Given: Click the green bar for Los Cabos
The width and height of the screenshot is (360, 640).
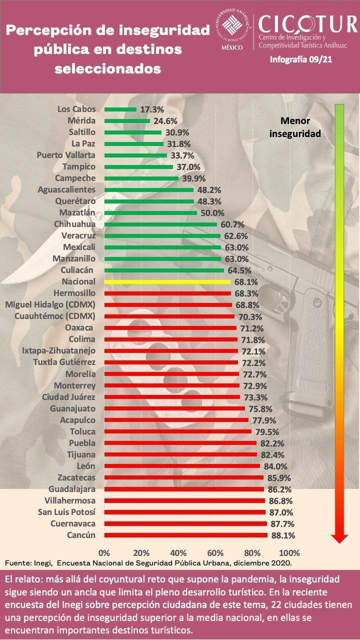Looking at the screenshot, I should pyautogui.click(x=120, y=109).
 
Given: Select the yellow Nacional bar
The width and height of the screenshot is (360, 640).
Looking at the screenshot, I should pyautogui.click(x=167, y=281).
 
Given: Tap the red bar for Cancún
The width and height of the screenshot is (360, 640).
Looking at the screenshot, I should pyautogui.click(x=185, y=535).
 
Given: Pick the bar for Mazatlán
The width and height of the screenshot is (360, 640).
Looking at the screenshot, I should pyautogui.click(x=150, y=212).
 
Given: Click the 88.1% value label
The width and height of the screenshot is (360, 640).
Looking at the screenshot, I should pyautogui.click(x=282, y=535).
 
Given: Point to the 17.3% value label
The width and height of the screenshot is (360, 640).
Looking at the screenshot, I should pyautogui.click(x=151, y=109).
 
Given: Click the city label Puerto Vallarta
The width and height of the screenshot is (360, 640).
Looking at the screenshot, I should pyautogui.click(x=66, y=155).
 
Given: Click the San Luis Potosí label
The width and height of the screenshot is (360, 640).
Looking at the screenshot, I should pyautogui.click(x=66, y=512).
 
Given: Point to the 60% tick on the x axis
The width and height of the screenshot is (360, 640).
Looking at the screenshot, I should pyautogui.click(x=215, y=553).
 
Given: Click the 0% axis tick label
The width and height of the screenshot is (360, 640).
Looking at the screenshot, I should pyautogui.click(x=104, y=553).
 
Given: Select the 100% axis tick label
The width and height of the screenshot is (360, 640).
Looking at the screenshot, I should pyautogui.click(x=289, y=553).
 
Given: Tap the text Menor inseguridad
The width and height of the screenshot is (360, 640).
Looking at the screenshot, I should pyautogui.click(x=295, y=127).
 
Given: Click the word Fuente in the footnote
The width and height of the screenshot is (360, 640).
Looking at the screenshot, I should pyautogui.click(x=17, y=563).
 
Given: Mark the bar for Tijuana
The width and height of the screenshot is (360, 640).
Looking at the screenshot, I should pyautogui.click(x=180, y=454).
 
